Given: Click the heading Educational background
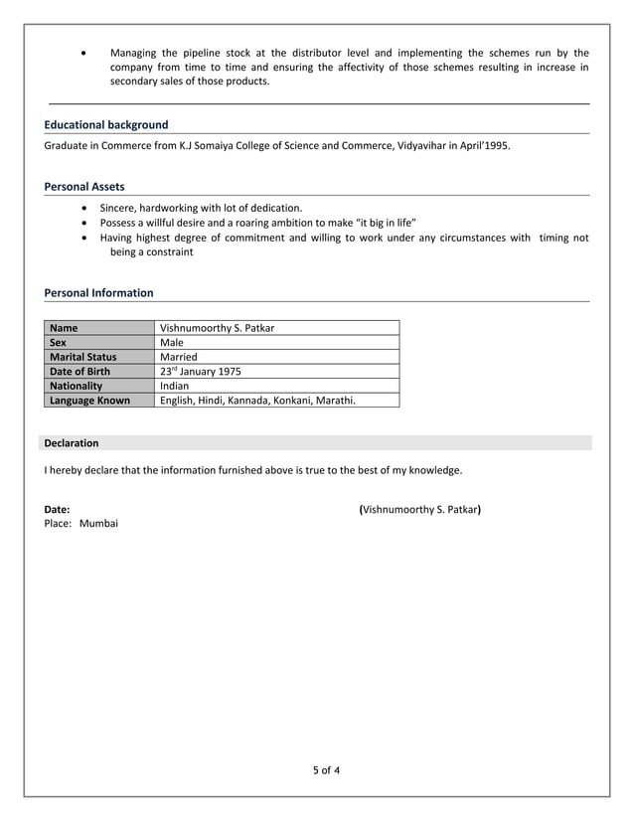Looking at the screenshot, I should point(106,125).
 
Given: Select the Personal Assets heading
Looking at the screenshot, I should point(84,187).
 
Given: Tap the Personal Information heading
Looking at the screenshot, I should point(98,293).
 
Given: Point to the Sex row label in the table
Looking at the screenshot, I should point(61,343).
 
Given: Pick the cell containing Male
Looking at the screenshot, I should point(172,343).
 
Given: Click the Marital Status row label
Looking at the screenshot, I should point(82,357).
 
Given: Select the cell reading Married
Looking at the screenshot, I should point(179,357).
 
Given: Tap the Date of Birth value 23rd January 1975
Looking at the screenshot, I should point(200,372).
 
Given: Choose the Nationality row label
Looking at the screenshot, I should point(76,386).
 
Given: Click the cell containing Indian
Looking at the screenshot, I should point(174,386).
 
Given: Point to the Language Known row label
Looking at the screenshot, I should point(89,401).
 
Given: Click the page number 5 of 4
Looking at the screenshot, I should point(326,770).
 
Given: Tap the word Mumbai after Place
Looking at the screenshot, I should point(98,523).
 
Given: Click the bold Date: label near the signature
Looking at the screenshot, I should point(57,509).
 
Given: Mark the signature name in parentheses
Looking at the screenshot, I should point(419,509).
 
